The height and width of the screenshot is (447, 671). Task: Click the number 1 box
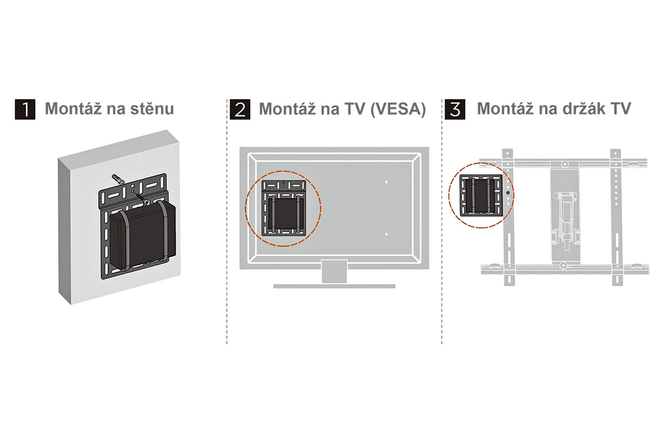pyautogui.click(x=25, y=109)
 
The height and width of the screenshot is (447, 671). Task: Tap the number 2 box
pyautogui.click(x=240, y=109)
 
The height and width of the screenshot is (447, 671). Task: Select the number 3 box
pyautogui.click(x=455, y=109)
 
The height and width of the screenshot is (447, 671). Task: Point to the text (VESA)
pyautogui.click(x=398, y=109)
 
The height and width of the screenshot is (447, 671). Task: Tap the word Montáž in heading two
pyautogui.click(x=290, y=109)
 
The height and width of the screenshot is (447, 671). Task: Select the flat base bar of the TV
pyautogui.click(x=334, y=287)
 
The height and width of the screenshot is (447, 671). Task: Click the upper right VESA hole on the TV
pyautogui.click(x=386, y=182)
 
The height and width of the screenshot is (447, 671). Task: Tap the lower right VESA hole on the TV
pyautogui.click(x=386, y=234)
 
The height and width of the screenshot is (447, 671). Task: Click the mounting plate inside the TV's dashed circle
pyautogui.click(x=283, y=208)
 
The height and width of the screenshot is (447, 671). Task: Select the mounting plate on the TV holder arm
pyautogui.click(x=480, y=195)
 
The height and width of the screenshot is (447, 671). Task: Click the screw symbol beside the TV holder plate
pyautogui.click(x=508, y=193)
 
